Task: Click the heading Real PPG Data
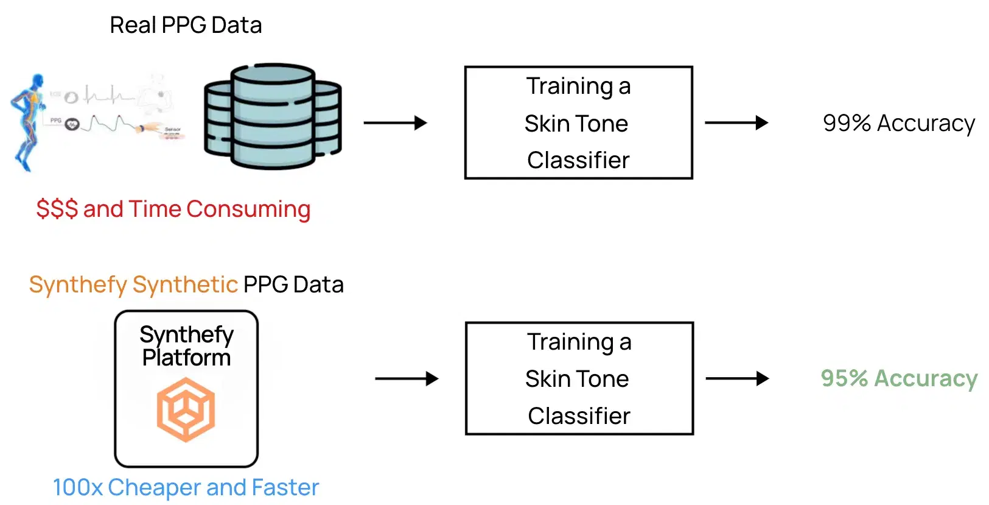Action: [x=186, y=26]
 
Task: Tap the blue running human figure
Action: [x=28, y=122]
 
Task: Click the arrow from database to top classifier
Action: [x=395, y=123]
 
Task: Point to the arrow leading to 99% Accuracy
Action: [x=736, y=123]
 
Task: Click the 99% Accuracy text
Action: [x=898, y=123]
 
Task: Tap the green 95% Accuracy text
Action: [x=898, y=378]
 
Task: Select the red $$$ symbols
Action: [x=57, y=209]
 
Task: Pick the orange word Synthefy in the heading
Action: [x=78, y=284]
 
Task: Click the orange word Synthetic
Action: [x=185, y=284]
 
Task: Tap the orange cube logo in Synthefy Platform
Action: [x=186, y=409]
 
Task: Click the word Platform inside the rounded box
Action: [x=186, y=358]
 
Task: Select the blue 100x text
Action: [x=77, y=487]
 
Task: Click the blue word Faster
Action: [x=285, y=487]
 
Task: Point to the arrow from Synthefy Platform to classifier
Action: [x=407, y=379]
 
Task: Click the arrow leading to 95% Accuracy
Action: [x=736, y=379]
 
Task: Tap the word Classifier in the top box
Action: [x=578, y=160]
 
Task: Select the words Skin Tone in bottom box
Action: [x=577, y=379]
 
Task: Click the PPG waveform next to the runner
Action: [x=110, y=124]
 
